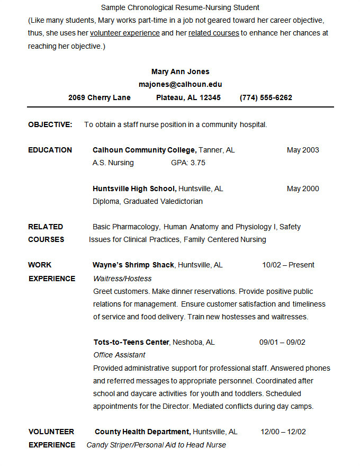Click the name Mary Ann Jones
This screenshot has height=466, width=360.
pyautogui.click(x=180, y=71)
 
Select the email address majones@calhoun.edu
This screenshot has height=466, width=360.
pyautogui.click(x=180, y=84)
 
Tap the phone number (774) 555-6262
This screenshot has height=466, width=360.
pyautogui.click(x=266, y=97)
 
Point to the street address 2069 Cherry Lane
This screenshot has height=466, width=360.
pyautogui.click(x=99, y=97)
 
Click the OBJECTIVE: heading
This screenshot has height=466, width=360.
pyautogui.click(x=50, y=124)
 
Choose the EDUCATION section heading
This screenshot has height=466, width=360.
pyautogui.click(x=50, y=150)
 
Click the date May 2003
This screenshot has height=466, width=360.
pyautogui.click(x=303, y=150)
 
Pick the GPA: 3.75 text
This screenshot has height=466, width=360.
pyautogui.click(x=188, y=163)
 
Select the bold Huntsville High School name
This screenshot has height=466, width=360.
pyautogui.click(x=134, y=189)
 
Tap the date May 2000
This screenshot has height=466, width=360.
pyautogui.click(x=303, y=189)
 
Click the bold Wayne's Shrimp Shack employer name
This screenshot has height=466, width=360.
pyautogui.click(x=133, y=265)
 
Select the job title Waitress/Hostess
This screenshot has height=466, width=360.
pyautogui.click(x=122, y=279)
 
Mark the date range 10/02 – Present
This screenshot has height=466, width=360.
pyautogui.click(x=288, y=265)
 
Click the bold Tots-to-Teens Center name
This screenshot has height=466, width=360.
pyautogui.click(x=131, y=342)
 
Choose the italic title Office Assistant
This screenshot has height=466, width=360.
pyautogui.click(x=119, y=355)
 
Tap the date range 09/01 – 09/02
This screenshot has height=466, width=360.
pyautogui.click(x=282, y=342)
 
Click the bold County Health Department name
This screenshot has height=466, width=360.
pyautogui.click(x=142, y=432)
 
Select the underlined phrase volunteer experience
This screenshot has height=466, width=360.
pyautogui.click(x=125, y=33)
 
